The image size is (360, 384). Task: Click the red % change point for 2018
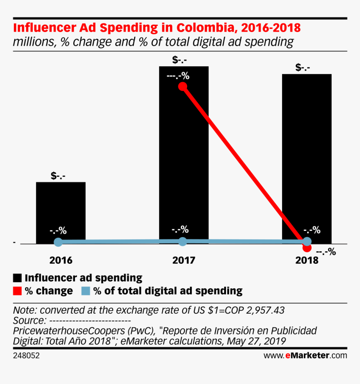307,248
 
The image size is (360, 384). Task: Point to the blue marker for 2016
59,242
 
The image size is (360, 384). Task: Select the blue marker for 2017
183,241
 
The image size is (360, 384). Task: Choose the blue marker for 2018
307,241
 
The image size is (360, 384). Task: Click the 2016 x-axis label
61,260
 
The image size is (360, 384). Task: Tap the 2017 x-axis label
183,260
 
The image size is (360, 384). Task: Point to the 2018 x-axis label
307,260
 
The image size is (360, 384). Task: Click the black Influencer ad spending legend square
18,278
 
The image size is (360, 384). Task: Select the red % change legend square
18,291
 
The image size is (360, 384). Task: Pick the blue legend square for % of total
85,291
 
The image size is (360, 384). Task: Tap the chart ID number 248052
27,356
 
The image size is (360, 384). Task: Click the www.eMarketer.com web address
305,356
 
